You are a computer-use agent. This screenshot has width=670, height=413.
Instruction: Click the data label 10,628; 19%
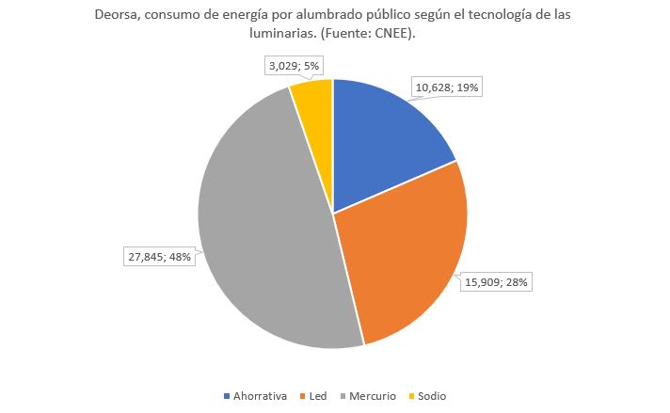(x=447, y=87)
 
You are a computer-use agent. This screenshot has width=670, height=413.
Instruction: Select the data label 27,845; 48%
(x=160, y=255)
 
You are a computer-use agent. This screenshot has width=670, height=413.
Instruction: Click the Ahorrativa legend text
(x=260, y=396)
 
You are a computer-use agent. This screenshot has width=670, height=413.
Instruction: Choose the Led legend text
(x=317, y=396)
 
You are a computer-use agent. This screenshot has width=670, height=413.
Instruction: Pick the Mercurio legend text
(x=373, y=396)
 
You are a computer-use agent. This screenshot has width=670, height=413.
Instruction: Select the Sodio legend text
(x=432, y=396)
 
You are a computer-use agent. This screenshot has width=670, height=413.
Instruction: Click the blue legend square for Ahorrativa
(x=226, y=396)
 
